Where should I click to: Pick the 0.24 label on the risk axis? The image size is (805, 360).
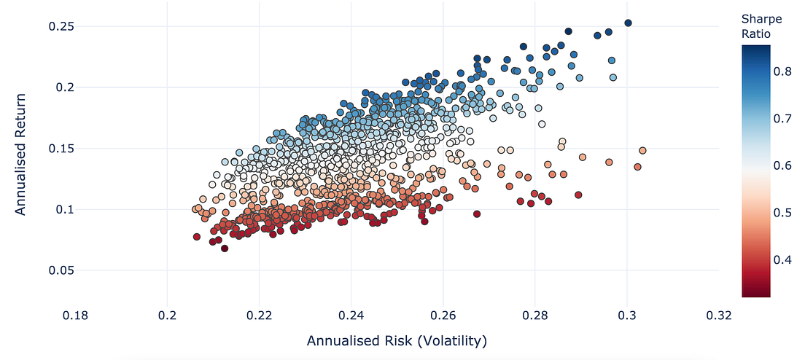pos(351,315)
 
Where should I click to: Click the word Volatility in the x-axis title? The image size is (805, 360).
pos(448,341)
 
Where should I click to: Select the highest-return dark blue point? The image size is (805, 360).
pos(628,23)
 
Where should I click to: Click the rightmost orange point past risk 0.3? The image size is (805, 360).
pos(642,151)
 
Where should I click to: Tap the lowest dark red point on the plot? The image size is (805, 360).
pos(225,249)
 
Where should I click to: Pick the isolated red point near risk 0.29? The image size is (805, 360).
pos(578,195)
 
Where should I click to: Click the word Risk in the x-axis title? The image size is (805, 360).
pos(392,341)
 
